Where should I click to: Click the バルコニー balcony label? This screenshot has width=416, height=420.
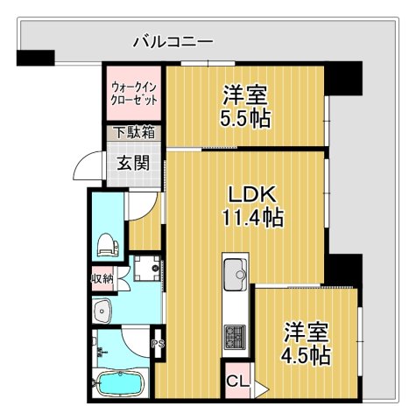point(173,40)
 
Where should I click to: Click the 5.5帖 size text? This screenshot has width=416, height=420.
point(245,116)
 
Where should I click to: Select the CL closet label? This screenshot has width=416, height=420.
point(236,381)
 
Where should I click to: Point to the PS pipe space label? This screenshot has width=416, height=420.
point(158,344)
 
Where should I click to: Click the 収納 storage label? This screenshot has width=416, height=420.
point(102,279)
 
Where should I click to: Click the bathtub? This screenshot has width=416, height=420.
point(122,384)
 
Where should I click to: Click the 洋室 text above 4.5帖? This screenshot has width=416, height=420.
point(306,332)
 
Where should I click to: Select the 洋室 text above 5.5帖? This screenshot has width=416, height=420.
point(245,94)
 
